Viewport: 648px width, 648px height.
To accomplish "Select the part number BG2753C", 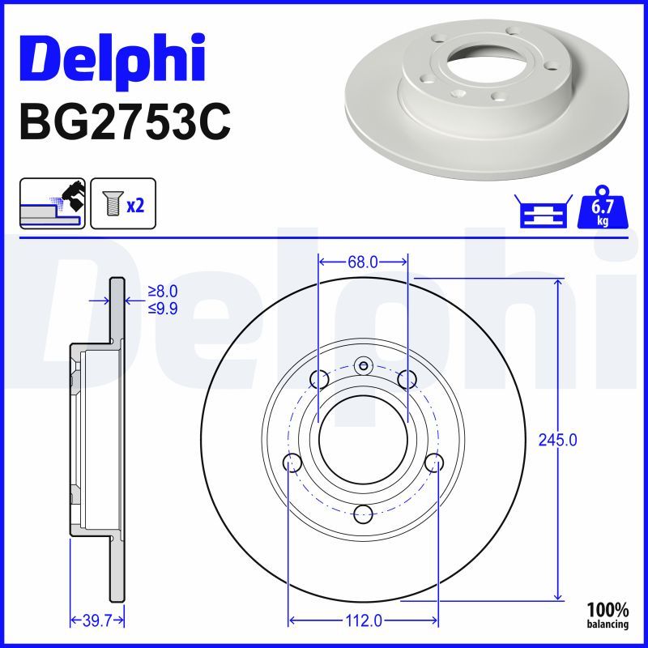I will pos(124,122).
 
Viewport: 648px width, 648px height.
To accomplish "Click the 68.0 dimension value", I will pos(362,262).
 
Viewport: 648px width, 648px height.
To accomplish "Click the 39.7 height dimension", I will pos(97,620).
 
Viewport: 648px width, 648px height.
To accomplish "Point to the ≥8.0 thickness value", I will pos(162,291).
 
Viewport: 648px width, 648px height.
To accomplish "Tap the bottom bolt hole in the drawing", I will pos(363,513).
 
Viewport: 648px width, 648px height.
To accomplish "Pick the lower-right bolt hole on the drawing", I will pos(435,463).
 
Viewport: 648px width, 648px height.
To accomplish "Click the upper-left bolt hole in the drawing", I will pos(319,378).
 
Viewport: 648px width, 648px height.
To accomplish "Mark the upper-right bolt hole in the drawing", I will pos(407,378).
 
